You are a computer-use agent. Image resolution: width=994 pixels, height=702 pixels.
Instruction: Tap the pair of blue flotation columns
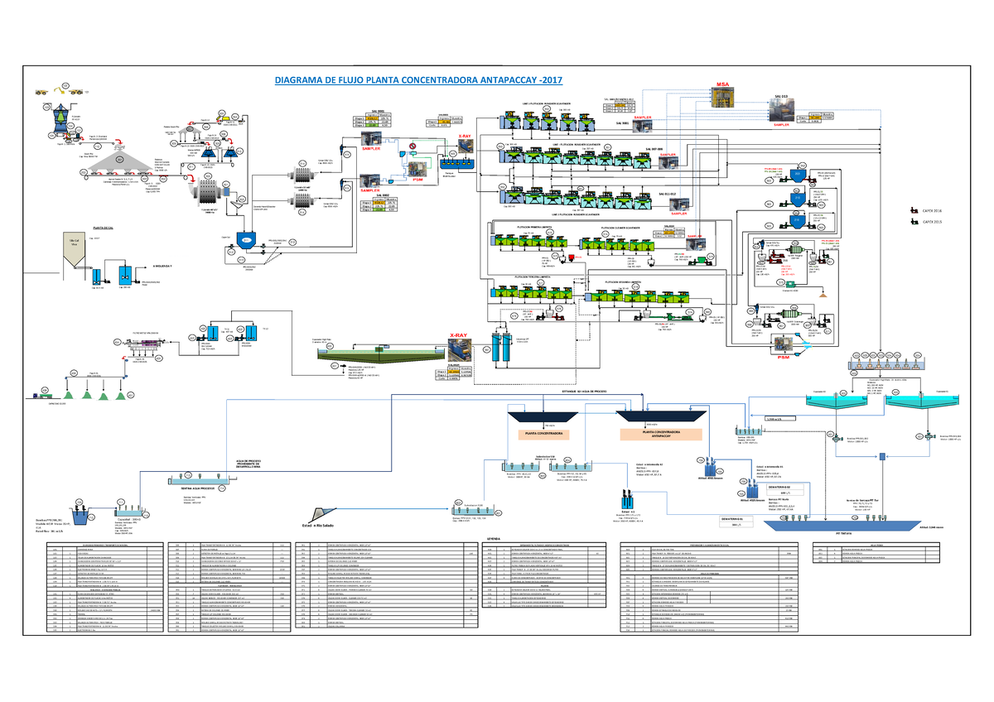pyautogui.click(x=500, y=349)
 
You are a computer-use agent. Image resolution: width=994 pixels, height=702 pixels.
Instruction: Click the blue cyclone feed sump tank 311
pyautogui.click(x=245, y=239)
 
